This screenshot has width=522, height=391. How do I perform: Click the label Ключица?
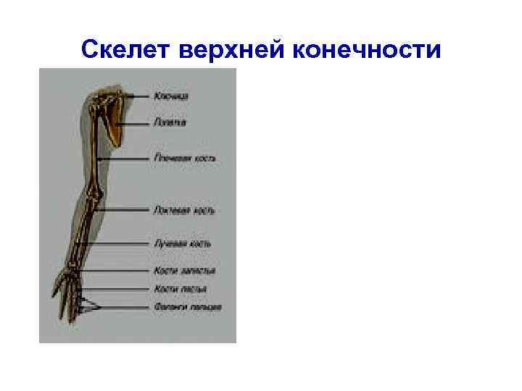coord(171,96)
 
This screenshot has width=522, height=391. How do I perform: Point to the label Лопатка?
coord(170,122)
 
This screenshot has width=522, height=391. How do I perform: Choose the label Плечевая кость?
coord(184,158)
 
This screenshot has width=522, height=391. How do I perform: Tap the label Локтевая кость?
coord(183,211)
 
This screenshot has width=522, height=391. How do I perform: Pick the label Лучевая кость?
coord(182,244)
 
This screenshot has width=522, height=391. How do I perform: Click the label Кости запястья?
coord(184,271)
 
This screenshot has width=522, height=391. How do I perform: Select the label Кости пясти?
coord(180,289)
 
